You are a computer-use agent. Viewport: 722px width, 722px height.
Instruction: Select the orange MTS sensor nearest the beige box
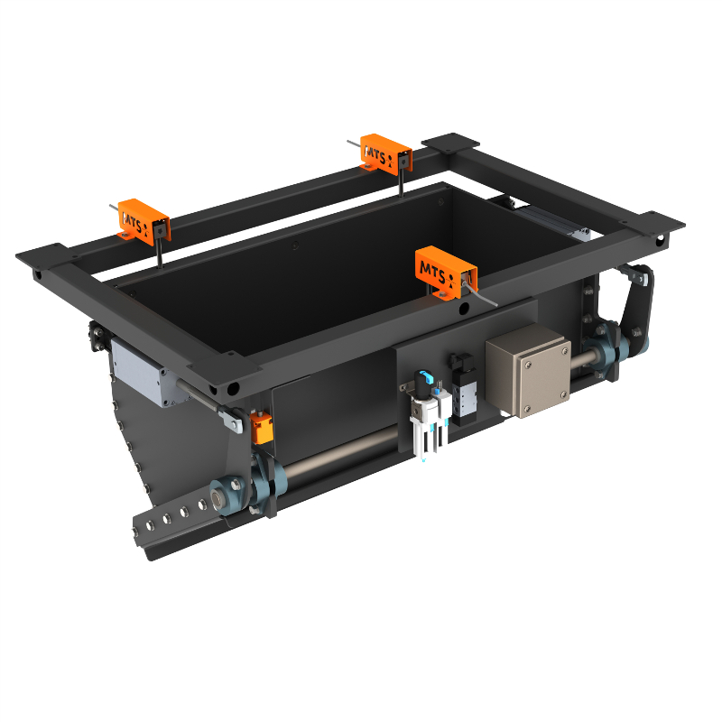[x=445, y=270]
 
